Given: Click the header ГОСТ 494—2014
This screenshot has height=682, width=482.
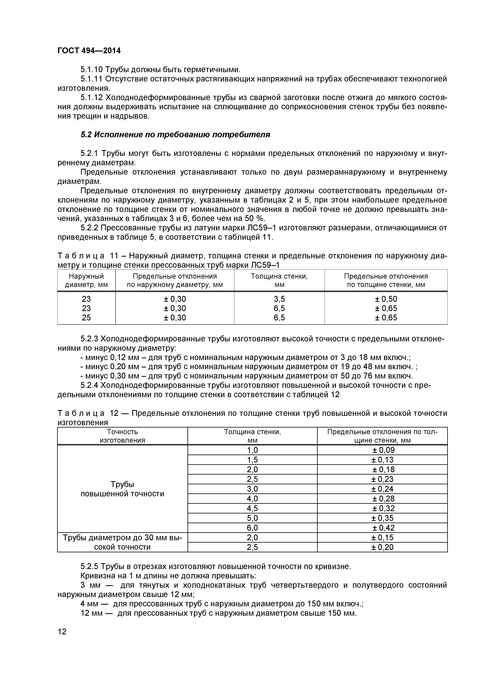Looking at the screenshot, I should (x=89, y=51).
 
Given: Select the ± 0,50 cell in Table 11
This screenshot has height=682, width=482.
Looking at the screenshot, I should (x=386, y=299).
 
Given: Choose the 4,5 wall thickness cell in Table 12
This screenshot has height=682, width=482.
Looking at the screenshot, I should (x=252, y=508).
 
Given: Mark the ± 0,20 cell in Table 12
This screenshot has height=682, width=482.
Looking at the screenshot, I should (x=382, y=547).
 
